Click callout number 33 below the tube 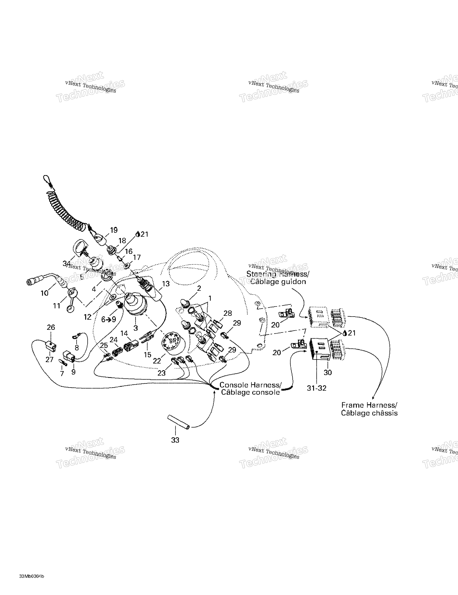click(175, 440)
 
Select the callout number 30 click(328, 372)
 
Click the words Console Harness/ click(250, 385)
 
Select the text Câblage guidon click(278, 282)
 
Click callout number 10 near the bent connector click(44, 293)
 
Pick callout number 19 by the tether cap click(114, 230)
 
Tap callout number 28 click(227, 313)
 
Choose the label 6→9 click(109, 319)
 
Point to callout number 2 click(199, 288)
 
